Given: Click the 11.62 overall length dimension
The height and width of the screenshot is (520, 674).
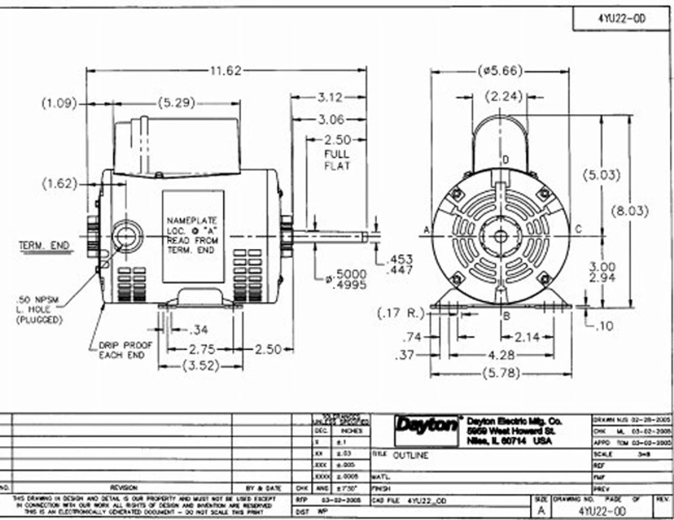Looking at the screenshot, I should coord(225,70).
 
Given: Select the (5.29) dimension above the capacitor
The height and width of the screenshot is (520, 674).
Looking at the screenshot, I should coord(176,102).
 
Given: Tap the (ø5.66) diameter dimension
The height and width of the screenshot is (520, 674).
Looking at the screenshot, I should coord(500,70).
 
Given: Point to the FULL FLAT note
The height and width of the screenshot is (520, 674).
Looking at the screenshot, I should coord(337,160).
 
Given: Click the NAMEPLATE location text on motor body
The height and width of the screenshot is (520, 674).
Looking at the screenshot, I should coord(192,235).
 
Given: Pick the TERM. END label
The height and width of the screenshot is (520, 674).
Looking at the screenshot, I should coord(44,246).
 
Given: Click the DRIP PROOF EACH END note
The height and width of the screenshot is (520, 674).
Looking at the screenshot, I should coord(125,350).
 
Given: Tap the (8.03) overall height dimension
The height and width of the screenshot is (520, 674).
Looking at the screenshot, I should coord(630,211).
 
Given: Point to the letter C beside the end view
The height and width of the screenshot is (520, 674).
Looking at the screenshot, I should coord(578,229).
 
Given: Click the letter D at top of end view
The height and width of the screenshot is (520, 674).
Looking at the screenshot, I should coord(506,160).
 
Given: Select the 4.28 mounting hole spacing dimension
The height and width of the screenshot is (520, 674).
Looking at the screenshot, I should coord(501,355).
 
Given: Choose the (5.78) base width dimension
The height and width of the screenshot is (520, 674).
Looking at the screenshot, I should coord(501,373).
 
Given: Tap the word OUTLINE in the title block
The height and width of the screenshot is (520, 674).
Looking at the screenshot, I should coord(411,455).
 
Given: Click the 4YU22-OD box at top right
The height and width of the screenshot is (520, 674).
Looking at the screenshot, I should coord(621,19).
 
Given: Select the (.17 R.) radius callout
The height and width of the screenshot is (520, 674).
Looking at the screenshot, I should coord(401,313).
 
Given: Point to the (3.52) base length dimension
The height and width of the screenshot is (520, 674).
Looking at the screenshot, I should coord(201,366).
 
